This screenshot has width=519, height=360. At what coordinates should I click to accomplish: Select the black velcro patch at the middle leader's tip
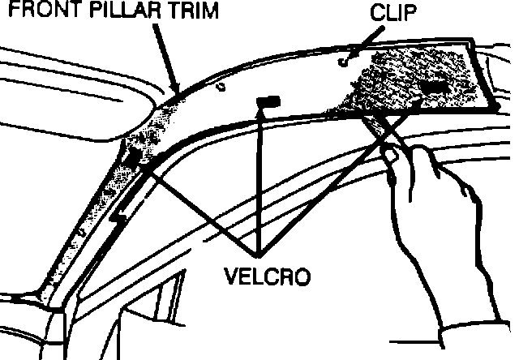[268, 100]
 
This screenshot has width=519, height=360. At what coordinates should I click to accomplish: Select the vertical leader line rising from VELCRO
[259, 178]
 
